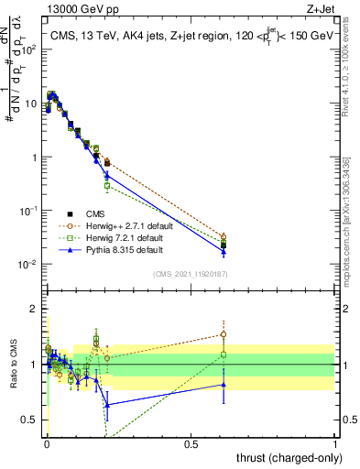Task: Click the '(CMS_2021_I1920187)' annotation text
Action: (x=191, y=273)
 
